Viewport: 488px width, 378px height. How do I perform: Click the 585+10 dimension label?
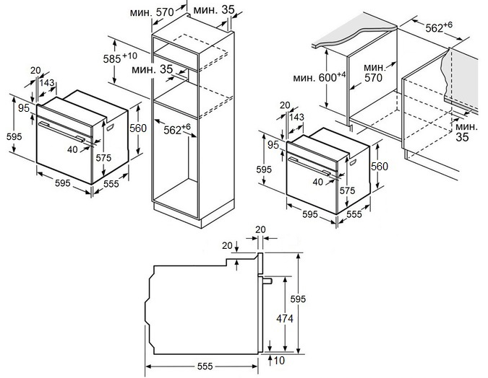click(120, 57)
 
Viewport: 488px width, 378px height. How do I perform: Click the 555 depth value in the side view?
click(203, 366)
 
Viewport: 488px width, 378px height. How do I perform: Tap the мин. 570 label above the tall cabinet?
click(156, 12)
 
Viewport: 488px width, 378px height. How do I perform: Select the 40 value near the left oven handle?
click(72, 149)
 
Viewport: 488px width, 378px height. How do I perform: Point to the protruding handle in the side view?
click(267, 281)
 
